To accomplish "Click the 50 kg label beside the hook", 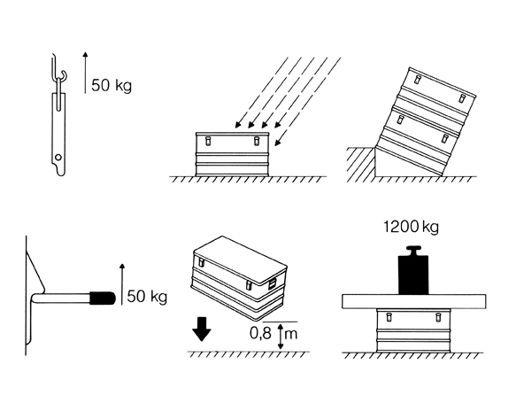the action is coord(112,86).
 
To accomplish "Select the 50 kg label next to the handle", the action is coord(147,297).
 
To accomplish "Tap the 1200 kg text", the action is coord(411,227).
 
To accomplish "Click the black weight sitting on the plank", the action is coord(413,270).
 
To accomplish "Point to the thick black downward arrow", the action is coord(202,329).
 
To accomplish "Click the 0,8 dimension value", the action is coord(260,333).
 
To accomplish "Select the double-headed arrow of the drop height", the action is coord(281,337).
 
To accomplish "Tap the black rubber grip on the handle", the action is coord(103,298).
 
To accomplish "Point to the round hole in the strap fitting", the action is coord(58,158).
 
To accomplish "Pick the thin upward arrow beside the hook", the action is coord(85,73).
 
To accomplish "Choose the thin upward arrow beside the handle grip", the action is coord(122,284).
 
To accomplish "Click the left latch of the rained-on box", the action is coord(208,141).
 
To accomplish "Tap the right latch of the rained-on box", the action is coord(257,141).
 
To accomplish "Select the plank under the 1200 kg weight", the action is coord(414,301).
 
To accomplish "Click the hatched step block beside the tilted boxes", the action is coord(361,164).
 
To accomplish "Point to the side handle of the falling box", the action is coord(273,284).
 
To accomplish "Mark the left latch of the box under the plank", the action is coord(389,317).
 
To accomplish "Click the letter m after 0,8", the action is coord(291,335).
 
